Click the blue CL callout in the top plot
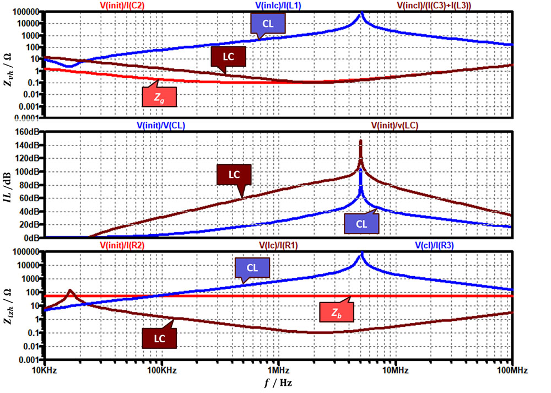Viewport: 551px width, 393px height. tap(268, 23)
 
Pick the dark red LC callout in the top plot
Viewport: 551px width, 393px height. tap(228, 56)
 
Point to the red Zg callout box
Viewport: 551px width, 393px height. tap(159, 96)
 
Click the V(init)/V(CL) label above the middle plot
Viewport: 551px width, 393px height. tap(161, 125)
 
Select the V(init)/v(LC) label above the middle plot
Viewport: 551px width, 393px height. tap(395, 125)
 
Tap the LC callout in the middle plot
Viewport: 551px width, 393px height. tap(234, 174)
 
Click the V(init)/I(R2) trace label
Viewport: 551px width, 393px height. tap(122, 246)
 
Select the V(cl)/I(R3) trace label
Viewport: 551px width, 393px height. tap(434, 246)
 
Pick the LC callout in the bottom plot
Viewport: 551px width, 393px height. tap(159, 337)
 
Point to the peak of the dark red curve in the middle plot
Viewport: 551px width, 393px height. tap(360, 141)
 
